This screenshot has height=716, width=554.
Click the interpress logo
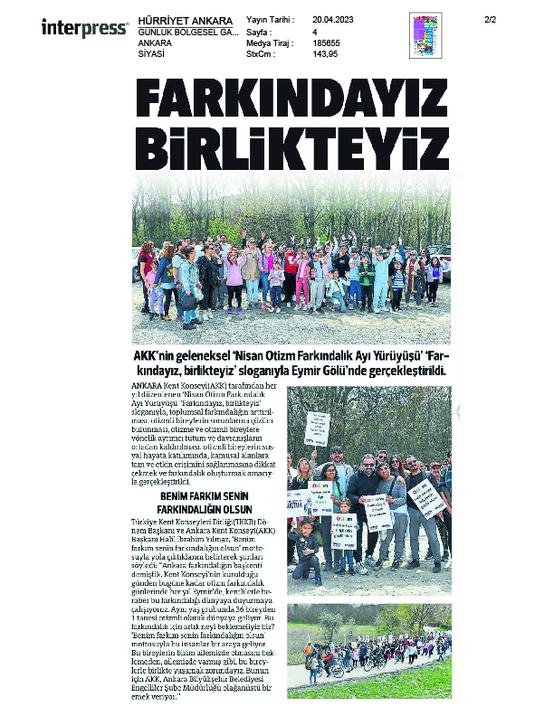[x=84, y=28]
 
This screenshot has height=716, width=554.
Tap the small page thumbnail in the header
[x=425, y=36]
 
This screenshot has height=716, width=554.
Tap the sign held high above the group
[x=317, y=423]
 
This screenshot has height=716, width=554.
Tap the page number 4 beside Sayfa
[x=314, y=31]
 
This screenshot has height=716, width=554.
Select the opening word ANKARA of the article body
[x=147, y=386]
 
